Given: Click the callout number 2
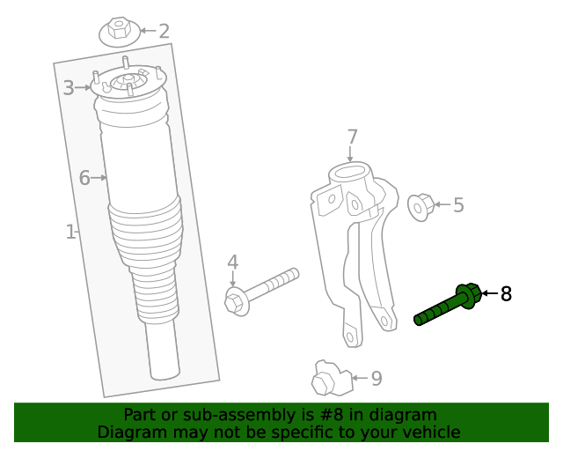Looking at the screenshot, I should pos(164,31).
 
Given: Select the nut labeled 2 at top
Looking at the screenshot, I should pos(119,33).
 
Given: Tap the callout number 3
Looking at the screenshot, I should pos(69,87).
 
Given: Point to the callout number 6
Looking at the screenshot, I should pos(84,178).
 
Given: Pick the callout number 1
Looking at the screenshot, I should pos(70,232).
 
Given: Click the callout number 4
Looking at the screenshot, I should pos(233,262).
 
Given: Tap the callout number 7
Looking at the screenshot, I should pos(352,137).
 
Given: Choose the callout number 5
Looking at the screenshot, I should pos(458,205).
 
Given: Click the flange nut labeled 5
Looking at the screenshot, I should pos(421,207).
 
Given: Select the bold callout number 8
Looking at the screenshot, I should pos(506,293).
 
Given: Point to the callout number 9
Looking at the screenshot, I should pos(377,379).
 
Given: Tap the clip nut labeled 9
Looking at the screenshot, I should pos(327,379).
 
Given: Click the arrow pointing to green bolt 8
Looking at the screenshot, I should pos(488,293).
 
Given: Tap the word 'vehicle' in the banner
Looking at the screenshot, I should pos(430,432).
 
